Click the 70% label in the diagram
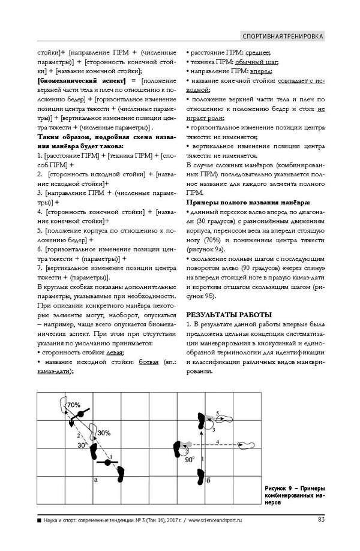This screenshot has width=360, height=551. pyautogui.click(x=74, y=405)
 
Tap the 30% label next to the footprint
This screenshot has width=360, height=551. pyautogui.click(x=104, y=432)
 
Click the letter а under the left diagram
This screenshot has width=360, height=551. pyautogui.click(x=96, y=480)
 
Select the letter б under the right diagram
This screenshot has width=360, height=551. pyautogui.click(x=208, y=480)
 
